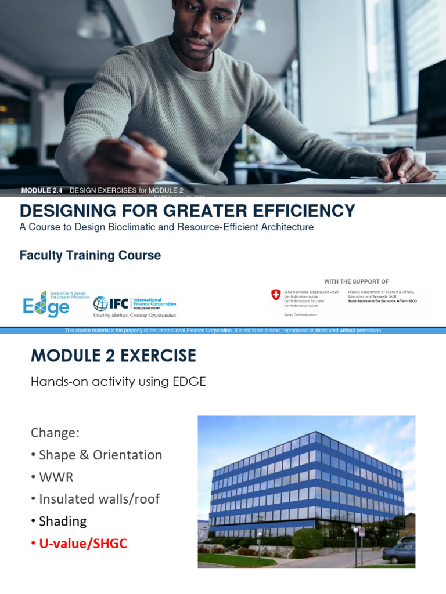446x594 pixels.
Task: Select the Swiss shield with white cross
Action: tap(276, 295)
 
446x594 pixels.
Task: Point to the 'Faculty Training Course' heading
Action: tap(90, 255)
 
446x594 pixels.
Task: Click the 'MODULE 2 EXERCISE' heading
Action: tap(113, 355)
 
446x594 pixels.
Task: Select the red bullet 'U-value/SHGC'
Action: tap(82, 544)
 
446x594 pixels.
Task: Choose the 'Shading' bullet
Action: tap(62, 521)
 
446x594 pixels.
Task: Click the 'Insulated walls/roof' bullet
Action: tap(99, 499)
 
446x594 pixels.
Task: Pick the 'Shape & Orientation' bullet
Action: tap(100, 455)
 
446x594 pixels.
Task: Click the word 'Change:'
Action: tap(55, 433)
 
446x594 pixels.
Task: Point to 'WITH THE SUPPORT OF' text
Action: tap(356, 281)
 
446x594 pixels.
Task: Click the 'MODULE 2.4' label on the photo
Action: tap(41, 190)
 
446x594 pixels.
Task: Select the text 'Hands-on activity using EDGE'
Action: tap(118, 382)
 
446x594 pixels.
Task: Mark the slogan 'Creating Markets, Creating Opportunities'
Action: tap(135, 316)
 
